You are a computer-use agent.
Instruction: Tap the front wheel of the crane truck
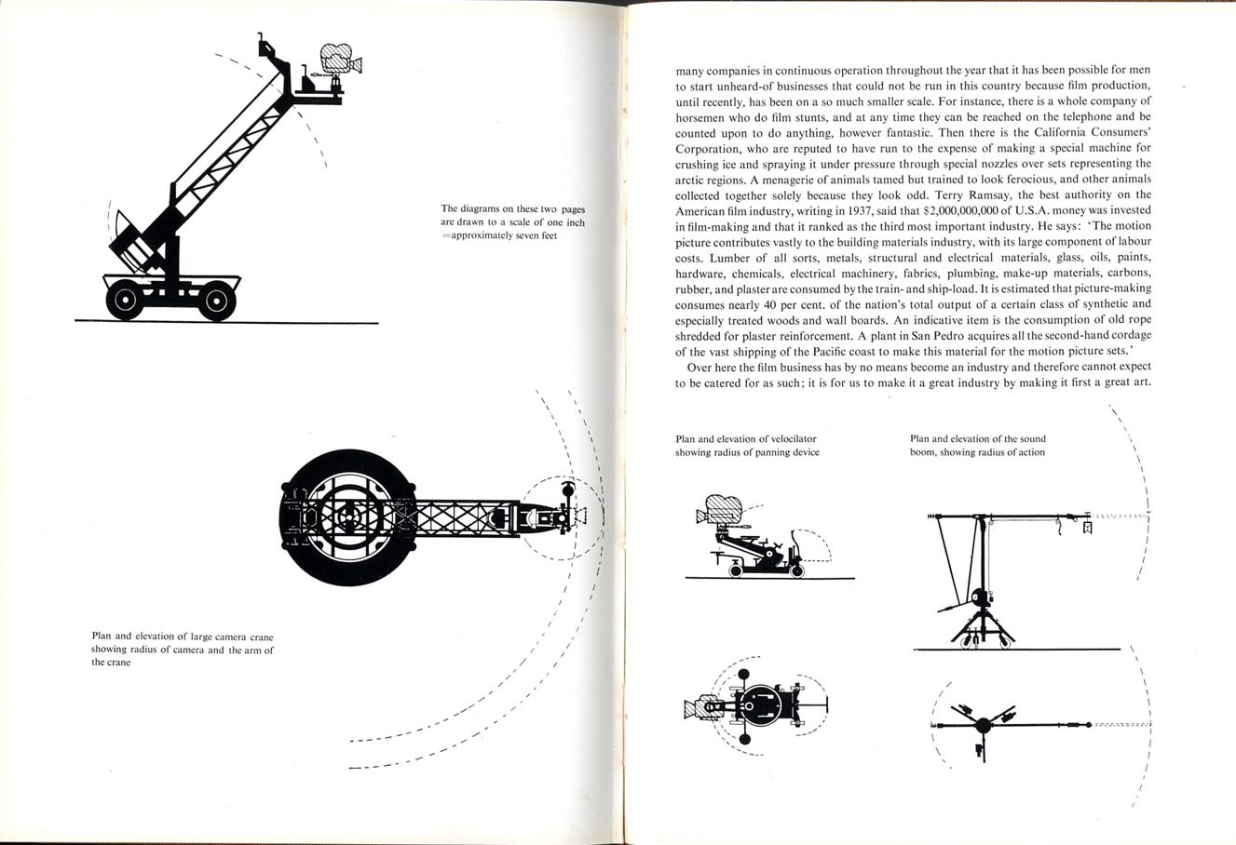[x=217, y=300]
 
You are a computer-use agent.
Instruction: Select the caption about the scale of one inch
[x=512, y=222]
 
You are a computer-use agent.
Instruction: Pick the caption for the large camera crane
[x=183, y=649]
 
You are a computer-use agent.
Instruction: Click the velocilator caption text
[x=747, y=446]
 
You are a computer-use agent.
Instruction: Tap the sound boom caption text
[x=978, y=446]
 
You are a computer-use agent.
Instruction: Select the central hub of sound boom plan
[x=983, y=725]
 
